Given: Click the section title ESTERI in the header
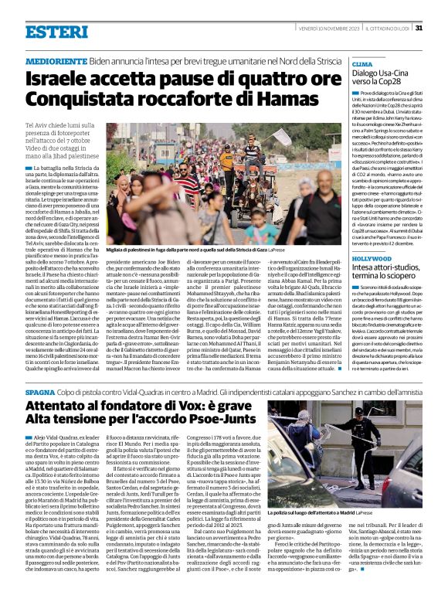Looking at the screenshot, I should pyautogui.click(x=56, y=32).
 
